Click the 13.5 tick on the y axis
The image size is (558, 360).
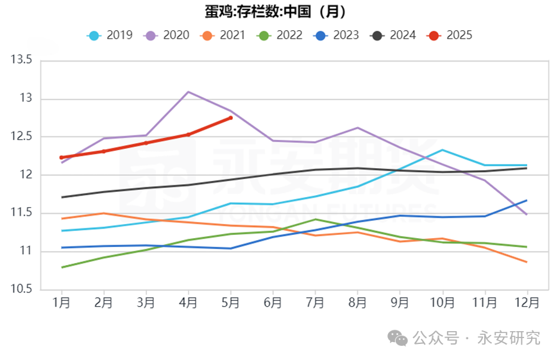[x=21, y=61]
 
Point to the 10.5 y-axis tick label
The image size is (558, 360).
[x=21, y=289]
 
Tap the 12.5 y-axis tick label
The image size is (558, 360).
[x=21, y=137]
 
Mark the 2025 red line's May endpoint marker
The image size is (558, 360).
[x=231, y=117]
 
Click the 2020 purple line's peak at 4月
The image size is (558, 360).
[x=188, y=92]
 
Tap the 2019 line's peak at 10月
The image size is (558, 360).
[x=442, y=150]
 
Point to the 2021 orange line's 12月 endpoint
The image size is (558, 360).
[x=527, y=262]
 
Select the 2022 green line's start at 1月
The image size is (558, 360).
[x=62, y=267]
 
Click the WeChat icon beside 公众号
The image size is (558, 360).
[x=399, y=338]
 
